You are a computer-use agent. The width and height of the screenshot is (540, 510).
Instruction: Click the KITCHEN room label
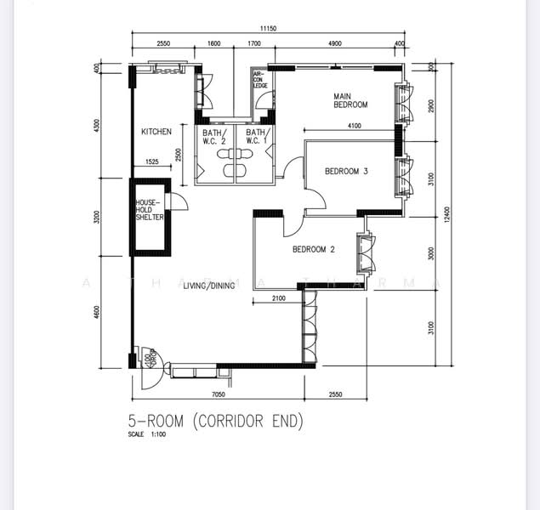(156, 132)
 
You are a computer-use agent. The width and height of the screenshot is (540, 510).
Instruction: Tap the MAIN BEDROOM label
(350, 100)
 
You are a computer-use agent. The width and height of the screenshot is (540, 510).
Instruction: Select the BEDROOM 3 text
(346, 172)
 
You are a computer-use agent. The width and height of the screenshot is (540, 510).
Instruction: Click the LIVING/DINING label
(208, 286)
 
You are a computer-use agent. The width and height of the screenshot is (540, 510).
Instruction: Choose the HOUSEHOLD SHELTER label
(149, 210)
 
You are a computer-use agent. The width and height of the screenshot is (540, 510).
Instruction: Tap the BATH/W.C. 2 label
(213, 138)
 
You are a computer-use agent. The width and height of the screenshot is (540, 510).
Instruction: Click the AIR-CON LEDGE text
(259, 80)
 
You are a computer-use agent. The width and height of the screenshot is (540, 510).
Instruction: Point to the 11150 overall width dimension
(269, 29)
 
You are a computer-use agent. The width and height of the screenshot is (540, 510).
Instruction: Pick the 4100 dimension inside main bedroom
(354, 127)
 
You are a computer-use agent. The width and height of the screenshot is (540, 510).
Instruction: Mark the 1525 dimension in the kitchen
(151, 161)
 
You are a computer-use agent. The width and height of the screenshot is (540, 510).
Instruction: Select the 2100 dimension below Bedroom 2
(277, 298)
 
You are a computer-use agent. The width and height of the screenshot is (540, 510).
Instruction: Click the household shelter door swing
(180, 201)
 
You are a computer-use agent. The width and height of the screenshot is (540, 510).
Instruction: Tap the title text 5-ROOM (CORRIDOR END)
(215, 421)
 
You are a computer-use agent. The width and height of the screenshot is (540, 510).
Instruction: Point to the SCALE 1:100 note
(147, 435)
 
